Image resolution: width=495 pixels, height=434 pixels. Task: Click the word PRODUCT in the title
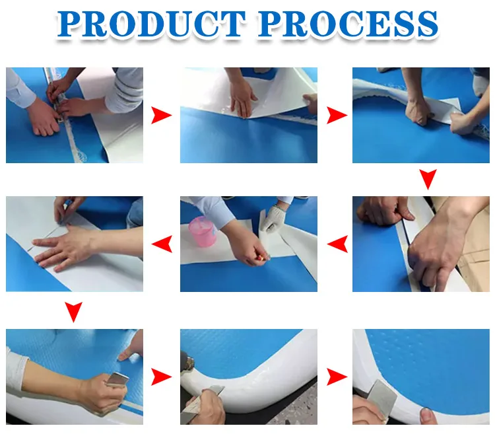[x=152, y=24]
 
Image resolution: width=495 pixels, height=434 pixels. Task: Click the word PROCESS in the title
[x=348, y=24]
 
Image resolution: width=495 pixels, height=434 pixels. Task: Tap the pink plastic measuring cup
[x=203, y=231]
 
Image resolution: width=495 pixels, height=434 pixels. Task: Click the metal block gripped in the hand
[x=117, y=379]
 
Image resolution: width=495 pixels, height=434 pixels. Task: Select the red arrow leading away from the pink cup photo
[x=162, y=244]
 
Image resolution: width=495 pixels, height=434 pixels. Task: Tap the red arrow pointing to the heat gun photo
[x=161, y=377]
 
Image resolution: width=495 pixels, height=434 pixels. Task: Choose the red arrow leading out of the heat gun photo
[x=337, y=377]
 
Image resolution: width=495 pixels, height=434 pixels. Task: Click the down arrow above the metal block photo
[x=73, y=312]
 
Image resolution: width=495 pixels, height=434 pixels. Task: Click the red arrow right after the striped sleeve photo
[x=161, y=116]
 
